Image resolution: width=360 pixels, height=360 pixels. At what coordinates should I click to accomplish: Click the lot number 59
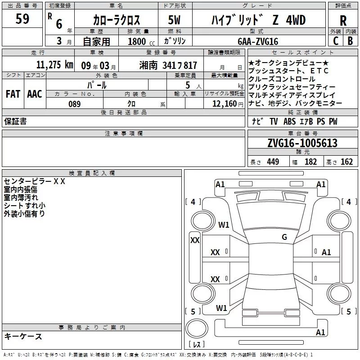(x=22, y=18)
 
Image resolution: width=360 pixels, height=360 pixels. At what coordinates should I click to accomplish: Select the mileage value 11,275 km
(x=54, y=65)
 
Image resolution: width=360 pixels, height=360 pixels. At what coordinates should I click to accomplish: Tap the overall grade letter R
(x=343, y=21)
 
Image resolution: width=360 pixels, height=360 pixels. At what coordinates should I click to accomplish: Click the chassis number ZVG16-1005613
(x=302, y=143)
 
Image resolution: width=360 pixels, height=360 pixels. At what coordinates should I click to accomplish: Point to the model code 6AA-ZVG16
(x=258, y=41)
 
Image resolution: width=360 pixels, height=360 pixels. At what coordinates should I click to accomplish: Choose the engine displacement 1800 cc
(x=141, y=41)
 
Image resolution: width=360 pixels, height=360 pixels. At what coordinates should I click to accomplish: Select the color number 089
(x=75, y=104)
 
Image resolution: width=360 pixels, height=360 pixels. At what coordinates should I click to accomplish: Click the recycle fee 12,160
(x=225, y=104)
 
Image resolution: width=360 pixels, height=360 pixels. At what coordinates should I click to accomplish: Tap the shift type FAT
(x=13, y=94)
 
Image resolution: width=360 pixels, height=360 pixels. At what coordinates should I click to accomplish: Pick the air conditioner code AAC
(x=35, y=94)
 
